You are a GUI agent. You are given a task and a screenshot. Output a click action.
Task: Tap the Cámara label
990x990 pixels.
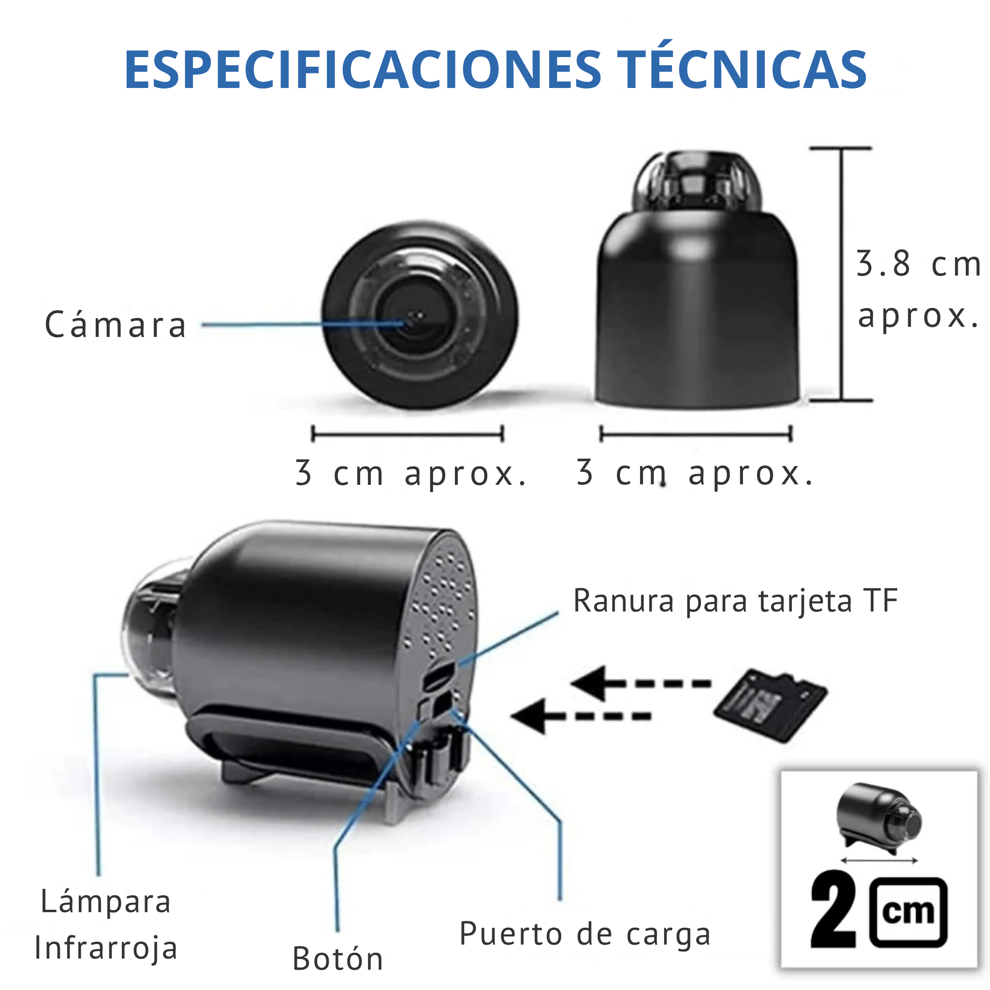point(116,325)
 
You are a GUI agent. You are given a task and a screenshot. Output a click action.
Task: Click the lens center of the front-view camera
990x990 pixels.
point(416,317)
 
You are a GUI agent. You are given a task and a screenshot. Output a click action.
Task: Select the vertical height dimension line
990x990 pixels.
point(841,274)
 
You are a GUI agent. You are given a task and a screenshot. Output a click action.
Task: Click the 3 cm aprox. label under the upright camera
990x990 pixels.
point(695,472)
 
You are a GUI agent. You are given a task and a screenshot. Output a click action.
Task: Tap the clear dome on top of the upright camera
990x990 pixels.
point(697,179)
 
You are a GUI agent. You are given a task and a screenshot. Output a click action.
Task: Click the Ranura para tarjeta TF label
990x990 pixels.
point(735,600)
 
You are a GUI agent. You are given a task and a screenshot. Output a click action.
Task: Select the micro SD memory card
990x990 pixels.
point(770,705)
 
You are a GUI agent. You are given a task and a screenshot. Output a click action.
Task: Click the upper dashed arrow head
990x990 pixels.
point(589,683)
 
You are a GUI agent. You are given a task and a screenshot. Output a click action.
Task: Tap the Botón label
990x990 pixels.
point(338,958)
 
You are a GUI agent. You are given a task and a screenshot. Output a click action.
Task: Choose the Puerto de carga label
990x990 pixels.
point(585,933)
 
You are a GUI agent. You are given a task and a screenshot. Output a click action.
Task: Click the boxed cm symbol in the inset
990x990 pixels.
point(908,912)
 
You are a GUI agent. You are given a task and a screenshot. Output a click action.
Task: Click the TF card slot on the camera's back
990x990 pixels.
point(438,676)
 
